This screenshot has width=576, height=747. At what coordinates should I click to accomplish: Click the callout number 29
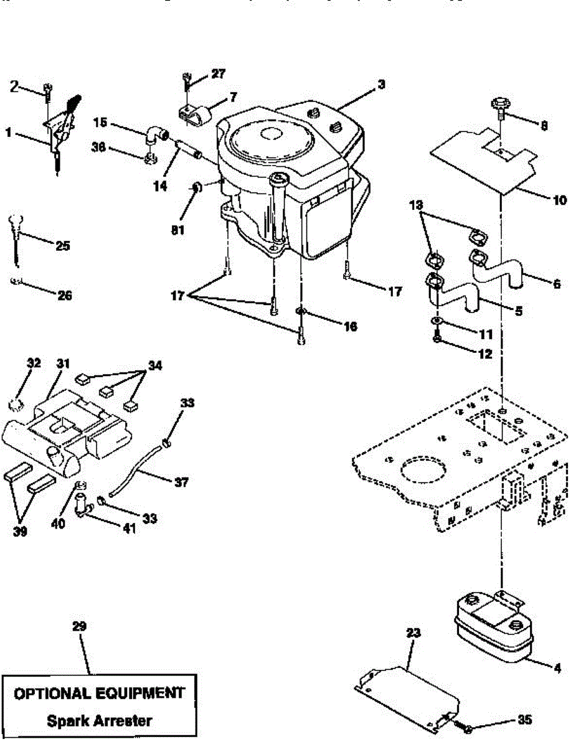point(79,626)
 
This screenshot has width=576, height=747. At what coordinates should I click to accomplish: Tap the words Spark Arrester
point(99,721)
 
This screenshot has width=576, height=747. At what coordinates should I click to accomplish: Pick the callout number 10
point(559,200)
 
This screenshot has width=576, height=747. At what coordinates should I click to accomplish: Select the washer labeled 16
point(300,311)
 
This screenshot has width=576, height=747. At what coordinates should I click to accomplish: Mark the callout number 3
point(380,84)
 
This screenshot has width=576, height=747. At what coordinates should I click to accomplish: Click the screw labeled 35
point(465,726)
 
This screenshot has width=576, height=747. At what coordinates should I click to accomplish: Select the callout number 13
point(417,205)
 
